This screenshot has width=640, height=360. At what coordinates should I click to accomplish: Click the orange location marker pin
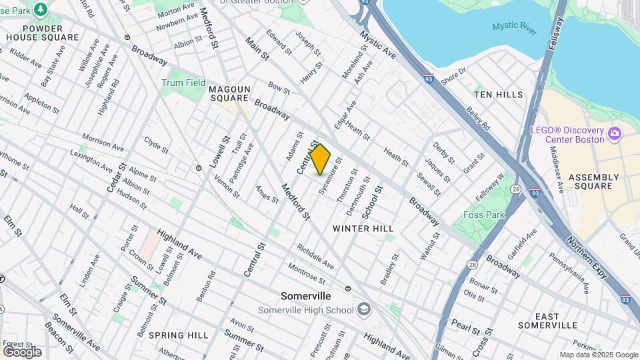320,159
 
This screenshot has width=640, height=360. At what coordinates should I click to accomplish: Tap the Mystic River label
514,27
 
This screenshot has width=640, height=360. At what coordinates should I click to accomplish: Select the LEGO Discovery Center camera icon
614,134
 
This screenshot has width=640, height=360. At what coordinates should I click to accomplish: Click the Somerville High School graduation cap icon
364,309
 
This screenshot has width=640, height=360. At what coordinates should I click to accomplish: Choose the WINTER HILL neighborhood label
363,229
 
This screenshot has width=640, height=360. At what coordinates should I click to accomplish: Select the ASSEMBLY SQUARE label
590,181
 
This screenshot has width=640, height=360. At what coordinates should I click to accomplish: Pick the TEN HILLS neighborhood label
498,95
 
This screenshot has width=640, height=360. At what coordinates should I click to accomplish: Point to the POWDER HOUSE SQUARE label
42,33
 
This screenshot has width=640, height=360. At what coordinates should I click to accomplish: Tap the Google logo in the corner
22,351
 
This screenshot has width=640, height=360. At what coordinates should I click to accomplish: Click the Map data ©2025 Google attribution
598,355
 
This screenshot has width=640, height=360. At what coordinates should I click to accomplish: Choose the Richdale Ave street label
315,255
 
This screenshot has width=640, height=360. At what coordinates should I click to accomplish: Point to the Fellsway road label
555,31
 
